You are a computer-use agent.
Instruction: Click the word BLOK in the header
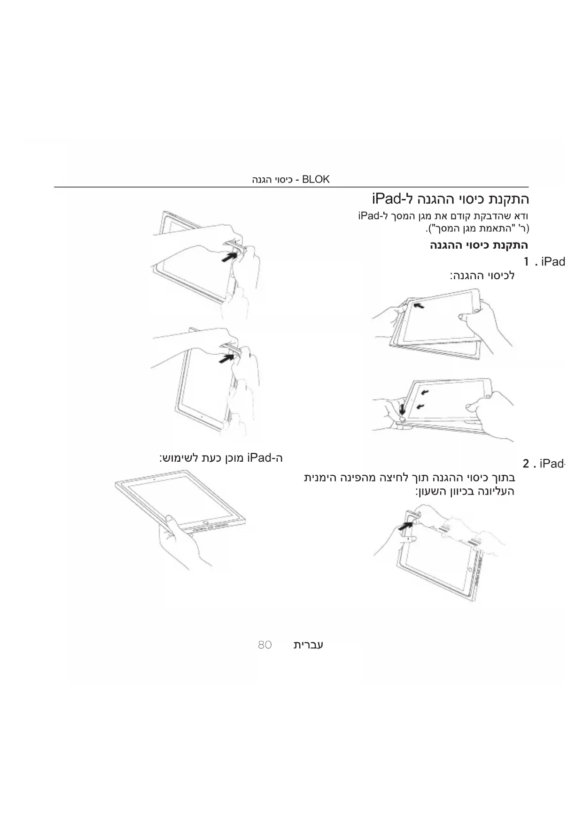(x=316, y=179)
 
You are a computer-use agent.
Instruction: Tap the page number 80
(x=265, y=645)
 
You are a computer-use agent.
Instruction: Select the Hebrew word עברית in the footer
(x=308, y=644)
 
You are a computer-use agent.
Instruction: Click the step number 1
(x=527, y=262)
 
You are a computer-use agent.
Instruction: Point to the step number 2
(x=526, y=464)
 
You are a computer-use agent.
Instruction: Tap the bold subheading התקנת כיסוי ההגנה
(x=479, y=245)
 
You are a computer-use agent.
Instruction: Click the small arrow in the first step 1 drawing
(x=419, y=306)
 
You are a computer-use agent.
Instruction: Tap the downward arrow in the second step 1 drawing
(x=403, y=409)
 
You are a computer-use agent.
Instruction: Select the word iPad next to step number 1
(x=553, y=262)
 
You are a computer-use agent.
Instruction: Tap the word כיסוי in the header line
(x=283, y=180)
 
